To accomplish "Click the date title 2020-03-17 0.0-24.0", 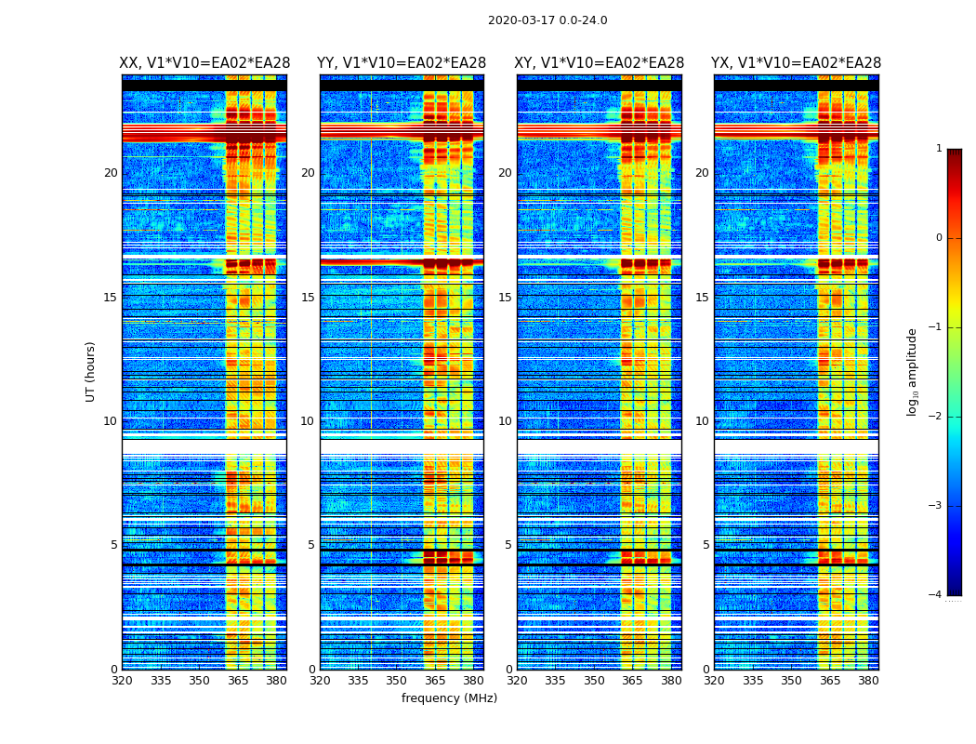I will coord(547,20).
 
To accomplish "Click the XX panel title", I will coord(204,63).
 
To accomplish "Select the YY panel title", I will coord(402,63).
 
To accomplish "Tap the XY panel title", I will coord(600,63).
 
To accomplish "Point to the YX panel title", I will coord(797,63).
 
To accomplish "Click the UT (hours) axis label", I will coord(91,371).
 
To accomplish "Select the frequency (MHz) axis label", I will coord(449,698).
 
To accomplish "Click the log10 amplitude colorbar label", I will coord(913,371).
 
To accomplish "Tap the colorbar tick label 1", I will coord(939,149).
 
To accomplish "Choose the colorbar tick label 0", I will coord(939,238).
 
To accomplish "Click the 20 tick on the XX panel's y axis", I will coord(111,173).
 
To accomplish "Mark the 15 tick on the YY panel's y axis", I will coord(308,298).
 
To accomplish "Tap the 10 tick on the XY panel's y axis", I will coord(505,421).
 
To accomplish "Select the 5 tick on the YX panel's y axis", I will coord(706,545).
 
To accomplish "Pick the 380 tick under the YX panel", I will coord(868,681).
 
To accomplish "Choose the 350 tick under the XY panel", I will coord(594,681).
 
